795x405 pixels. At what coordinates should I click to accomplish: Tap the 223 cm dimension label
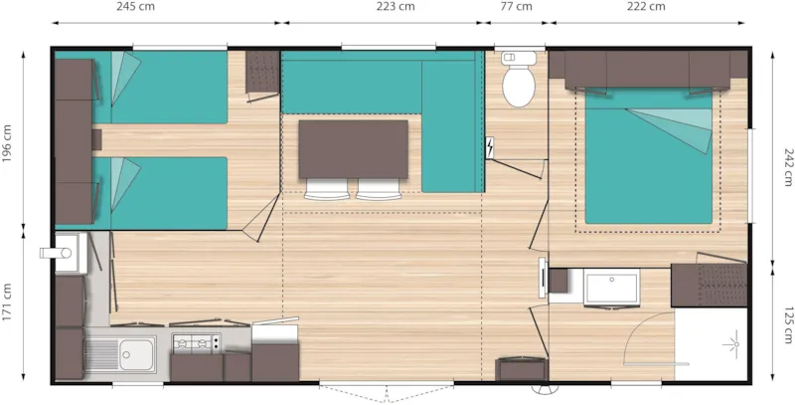pos(395,7)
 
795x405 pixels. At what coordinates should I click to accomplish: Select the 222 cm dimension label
pos(647,7)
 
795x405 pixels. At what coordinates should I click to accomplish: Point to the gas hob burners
pos(196,344)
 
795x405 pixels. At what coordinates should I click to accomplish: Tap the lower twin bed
pos(163,192)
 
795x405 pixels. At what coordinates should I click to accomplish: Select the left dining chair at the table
pos(320,189)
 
